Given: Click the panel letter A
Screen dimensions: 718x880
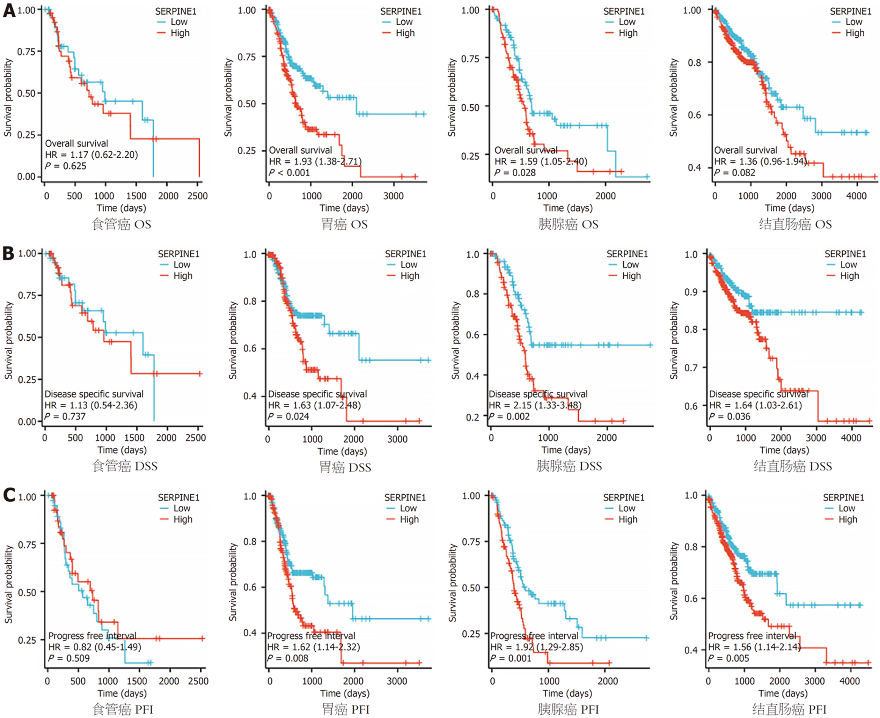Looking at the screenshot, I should click(9, 10).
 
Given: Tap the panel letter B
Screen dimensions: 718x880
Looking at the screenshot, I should click(8, 253).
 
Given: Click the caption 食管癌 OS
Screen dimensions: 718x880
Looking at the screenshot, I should click(121, 224).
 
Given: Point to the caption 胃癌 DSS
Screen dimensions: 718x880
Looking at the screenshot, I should click(345, 467).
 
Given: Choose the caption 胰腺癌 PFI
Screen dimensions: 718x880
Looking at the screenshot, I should click(568, 710).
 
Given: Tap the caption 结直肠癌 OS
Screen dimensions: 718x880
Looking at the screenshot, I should click(795, 224).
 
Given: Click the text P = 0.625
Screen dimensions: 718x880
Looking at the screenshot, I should click(66, 166).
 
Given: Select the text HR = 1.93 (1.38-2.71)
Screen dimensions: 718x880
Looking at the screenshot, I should click(315, 161).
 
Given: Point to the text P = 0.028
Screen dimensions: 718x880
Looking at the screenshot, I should click(515, 173).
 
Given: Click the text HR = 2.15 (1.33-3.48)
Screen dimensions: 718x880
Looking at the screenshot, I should click(535, 405).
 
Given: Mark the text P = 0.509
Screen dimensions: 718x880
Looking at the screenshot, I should click(69, 658).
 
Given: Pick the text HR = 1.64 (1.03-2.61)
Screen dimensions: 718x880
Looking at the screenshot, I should click(755, 405).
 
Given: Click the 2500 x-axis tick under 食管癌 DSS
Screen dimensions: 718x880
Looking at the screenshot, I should click(195, 438).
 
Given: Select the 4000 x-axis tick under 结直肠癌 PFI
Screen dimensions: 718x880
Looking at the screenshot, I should click(849, 681).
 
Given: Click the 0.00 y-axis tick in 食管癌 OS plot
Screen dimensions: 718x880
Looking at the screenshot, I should click(26, 177).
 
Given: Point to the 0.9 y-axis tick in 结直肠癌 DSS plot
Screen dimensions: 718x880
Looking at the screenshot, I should click(691, 292).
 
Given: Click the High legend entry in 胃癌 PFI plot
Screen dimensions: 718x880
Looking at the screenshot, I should click(409, 519).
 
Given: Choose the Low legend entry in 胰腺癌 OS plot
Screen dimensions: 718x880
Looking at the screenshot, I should click(627, 22).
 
